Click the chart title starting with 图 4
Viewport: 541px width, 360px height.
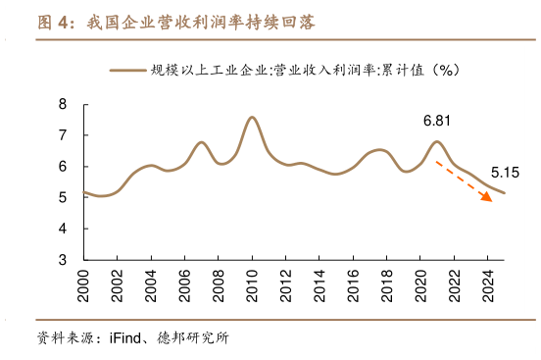pyautogui.click(x=175, y=23)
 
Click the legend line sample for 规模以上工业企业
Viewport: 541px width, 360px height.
pyautogui.click(x=127, y=70)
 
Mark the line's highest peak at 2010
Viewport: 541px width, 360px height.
pyautogui.click(x=252, y=117)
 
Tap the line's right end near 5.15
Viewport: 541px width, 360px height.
pyautogui.click(x=504, y=192)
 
